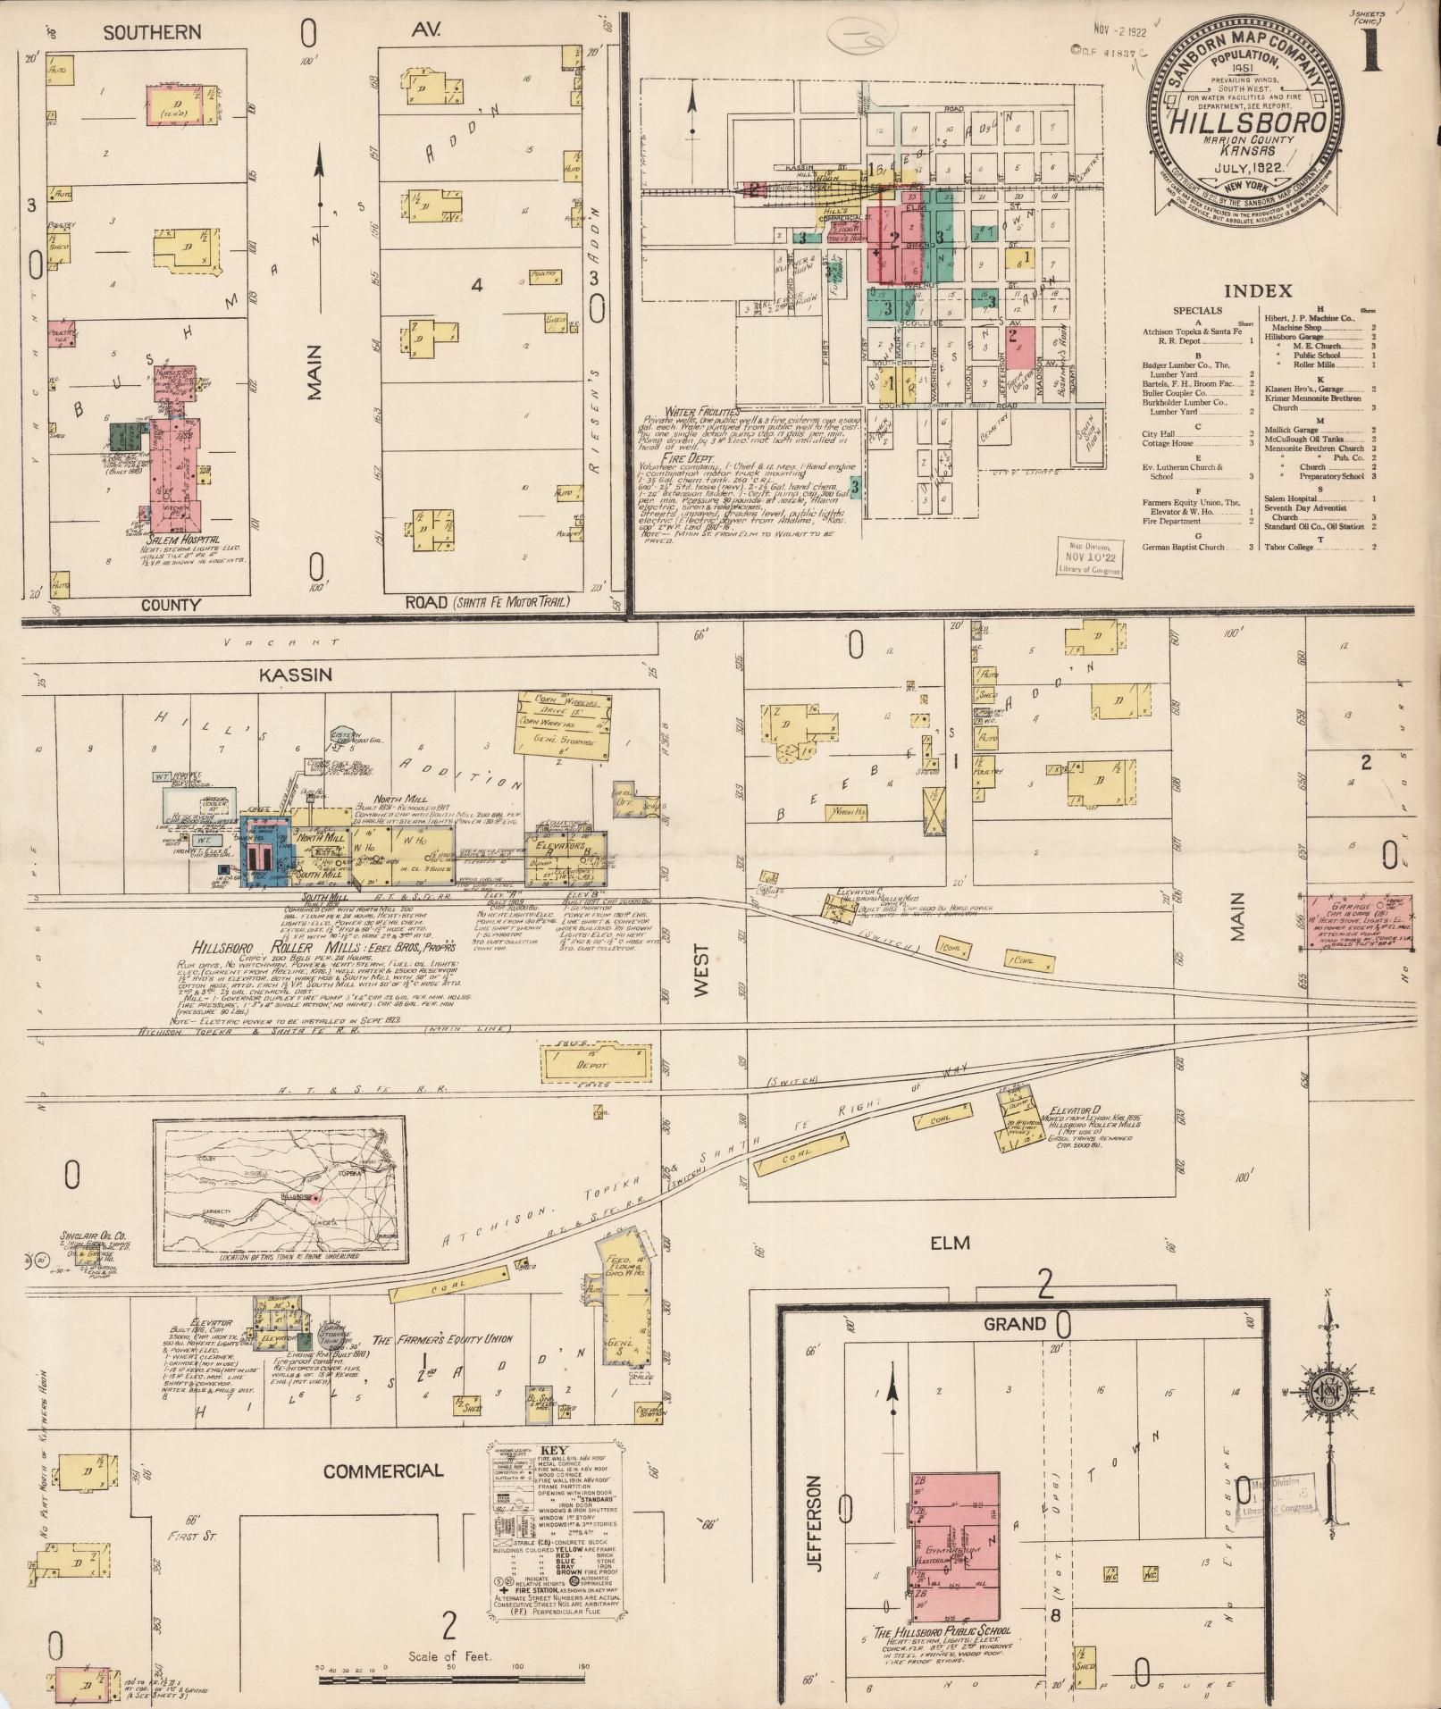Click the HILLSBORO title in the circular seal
coord(1248,123)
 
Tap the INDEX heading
coord(1257,290)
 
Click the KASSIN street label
coord(295,674)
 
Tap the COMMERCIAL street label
coord(382,1470)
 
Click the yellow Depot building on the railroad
coord(594,1064)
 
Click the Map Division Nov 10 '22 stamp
coord(1088,559)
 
